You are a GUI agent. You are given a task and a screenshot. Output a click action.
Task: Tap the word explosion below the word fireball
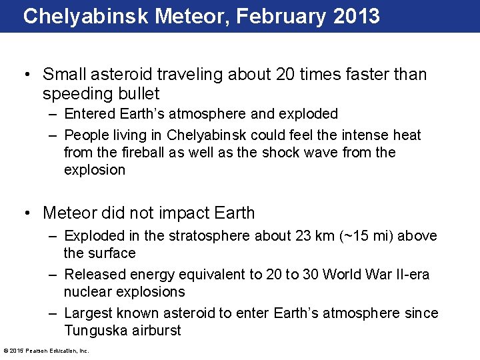[95, 170]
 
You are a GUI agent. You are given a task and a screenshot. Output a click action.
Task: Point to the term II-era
[409, 275]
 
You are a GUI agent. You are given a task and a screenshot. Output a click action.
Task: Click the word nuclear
[88, 292]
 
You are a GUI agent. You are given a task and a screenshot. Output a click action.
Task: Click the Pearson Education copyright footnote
[46, 351]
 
